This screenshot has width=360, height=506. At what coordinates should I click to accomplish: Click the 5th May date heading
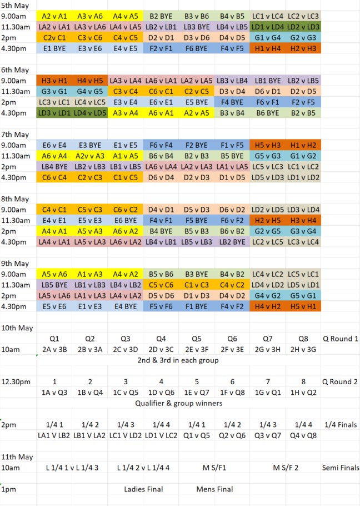click(15, 6)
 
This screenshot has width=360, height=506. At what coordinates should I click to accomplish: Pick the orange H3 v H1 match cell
click(54, 81)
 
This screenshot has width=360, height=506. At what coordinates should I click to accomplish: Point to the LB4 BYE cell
click(54, 166)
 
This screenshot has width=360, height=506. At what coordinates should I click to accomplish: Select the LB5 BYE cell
click(54, 285)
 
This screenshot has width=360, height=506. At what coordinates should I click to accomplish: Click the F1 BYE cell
click(196, 306)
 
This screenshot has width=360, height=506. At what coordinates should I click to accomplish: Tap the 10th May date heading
click(17, 328)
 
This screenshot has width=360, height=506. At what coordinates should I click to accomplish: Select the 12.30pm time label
click(15, 381)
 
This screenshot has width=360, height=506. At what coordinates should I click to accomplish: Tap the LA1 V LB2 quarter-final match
click(54, 435)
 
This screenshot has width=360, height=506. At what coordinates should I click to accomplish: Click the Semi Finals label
click(341, 468)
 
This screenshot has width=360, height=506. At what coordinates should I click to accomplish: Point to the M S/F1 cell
click(214, 468)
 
